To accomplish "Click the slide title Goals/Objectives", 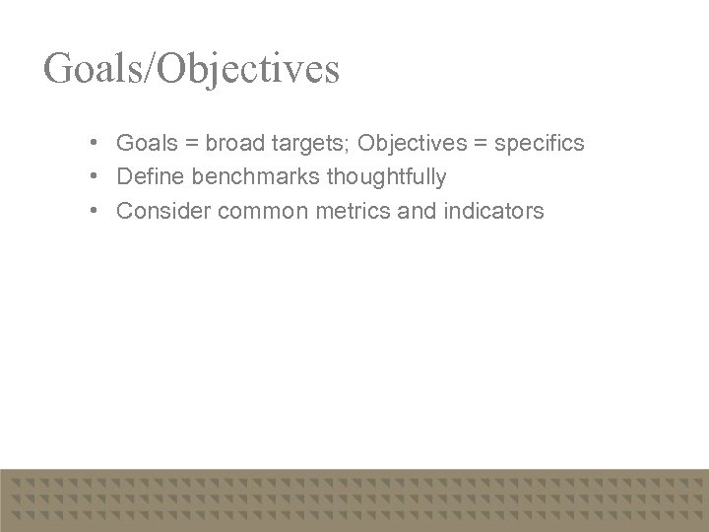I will pyautogui.click(x=191, y=69).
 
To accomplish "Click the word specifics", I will pyautogui.click(x=540, y=144).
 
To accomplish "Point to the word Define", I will pyautogui.click(x=147, y=177).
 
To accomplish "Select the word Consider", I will pyautogui.click(x=162, y=211).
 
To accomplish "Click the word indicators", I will pyautogui.click(x=495, y=211).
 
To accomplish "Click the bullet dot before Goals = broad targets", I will pyautogui.click(x=91, y=144).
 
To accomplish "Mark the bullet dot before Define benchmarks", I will pyautogui.click(x=91, y=177).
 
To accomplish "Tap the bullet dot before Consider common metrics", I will pyautogui.click(x=91, y=211).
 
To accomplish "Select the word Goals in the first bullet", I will pyautogui.click(x=145, y=144).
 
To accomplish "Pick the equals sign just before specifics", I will pyautogui.click(x=478, y=144).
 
